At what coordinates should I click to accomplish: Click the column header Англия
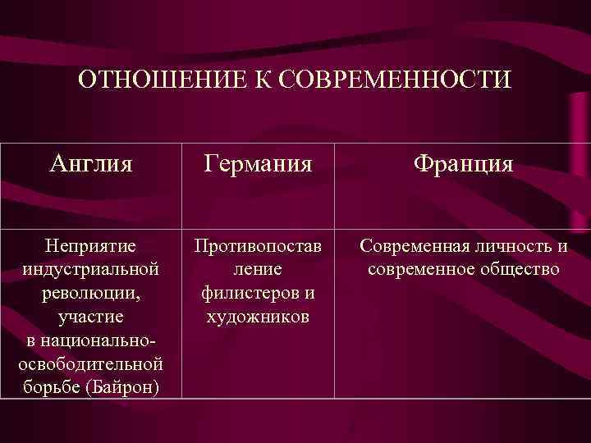point(90,164)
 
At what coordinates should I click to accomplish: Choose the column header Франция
point(463,164)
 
